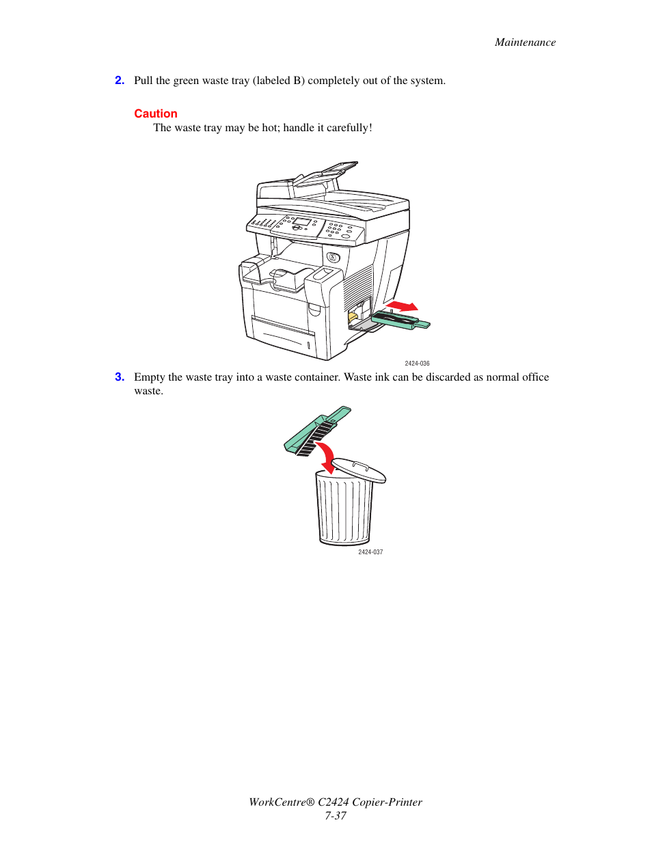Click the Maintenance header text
tap(525, 42)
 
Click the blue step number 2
tap(120, 81)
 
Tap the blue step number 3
tap(120, 377)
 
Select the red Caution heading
tap(156, 114)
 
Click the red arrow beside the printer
tap(402, 305)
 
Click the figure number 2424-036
tap(417, 364)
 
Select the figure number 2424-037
tap(370, 552)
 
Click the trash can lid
tap(359, 470)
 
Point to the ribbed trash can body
tap(344, 511)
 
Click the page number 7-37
tap(335, 816)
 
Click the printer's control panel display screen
tap(301, 223)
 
